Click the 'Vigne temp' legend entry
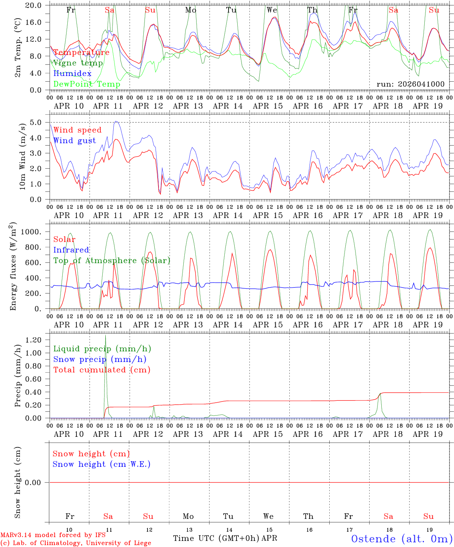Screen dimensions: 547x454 pyautogui.click(x=78, y=63)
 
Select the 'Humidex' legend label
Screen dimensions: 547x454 pyautogui.click(x=72, y=74)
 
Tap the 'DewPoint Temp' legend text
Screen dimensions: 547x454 pyautogui.click(x=87, y=84)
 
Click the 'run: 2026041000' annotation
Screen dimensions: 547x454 pyautogui.click(x=410, y=84)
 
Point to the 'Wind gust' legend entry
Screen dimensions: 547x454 pyautogui.click(x=75, y=141)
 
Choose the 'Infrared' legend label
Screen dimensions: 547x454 pyautogui.click(x=71, y=250)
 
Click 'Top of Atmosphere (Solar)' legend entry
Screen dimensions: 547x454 pyautogui.click(x=111, y=261)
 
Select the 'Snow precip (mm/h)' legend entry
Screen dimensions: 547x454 pyautogui.click(x=100, y=359)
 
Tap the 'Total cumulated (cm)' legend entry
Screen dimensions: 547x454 pyautogui.click(x=102, y=370)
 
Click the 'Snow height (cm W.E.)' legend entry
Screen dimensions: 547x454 pyautogui.click(x=101, y=464)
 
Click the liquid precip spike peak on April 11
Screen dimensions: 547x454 pyautogui.click(x=105, y=336)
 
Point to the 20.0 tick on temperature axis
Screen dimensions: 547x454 pyautogui.click(x=34, y=5)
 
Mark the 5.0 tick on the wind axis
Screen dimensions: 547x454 pyautogui.click(x=38, y=122)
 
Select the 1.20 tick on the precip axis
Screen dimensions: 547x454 pyautogui.click(x=34, y=340)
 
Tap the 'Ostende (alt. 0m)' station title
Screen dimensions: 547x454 pyautogui.click(x=402, y=539)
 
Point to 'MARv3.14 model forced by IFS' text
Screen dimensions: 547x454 pyautogui.click(x=53, y=535)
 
